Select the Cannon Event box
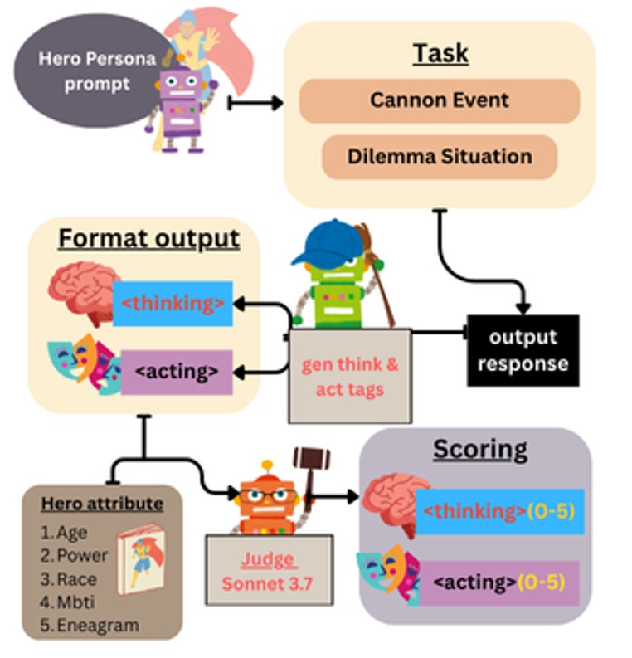[x=440, y=100]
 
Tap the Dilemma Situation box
[x=439, y=156]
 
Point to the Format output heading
[x=148, y=239]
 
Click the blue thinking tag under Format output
[x=173, y=304]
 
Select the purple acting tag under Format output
[x=176, y=372]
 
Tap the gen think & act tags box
[x=349, y=376]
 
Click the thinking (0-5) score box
[x=500, y=511]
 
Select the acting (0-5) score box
[x=500, y=583]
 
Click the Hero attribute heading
[x=102, y=504]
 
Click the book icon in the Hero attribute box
[x=139, y=563]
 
